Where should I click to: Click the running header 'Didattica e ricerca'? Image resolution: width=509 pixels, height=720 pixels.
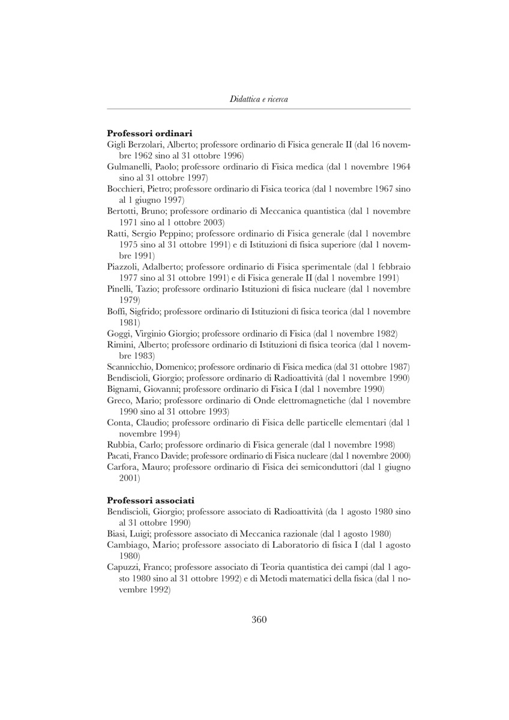259,99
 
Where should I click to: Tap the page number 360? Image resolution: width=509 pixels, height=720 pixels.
259,620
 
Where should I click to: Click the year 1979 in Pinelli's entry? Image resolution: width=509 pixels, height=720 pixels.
129,300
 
